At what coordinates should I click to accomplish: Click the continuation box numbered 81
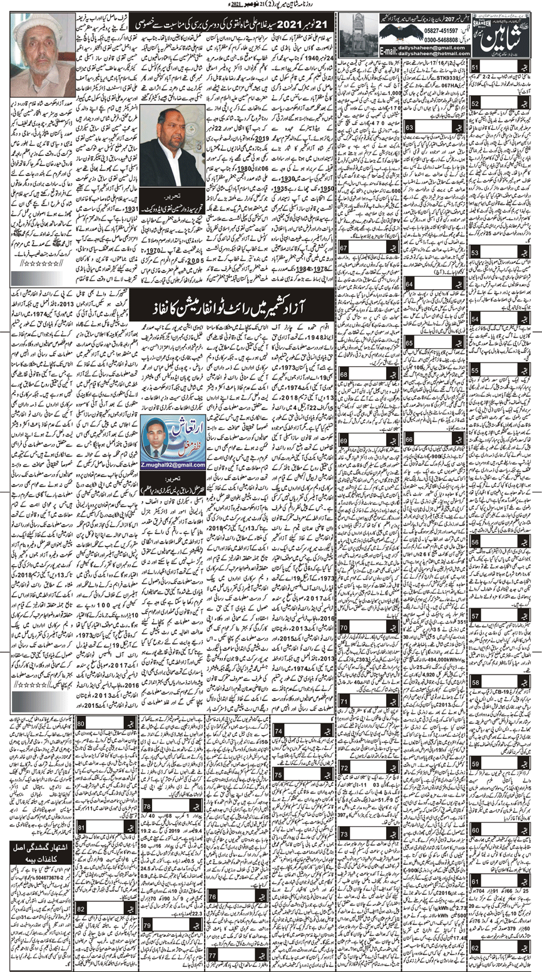click(81, 825)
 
